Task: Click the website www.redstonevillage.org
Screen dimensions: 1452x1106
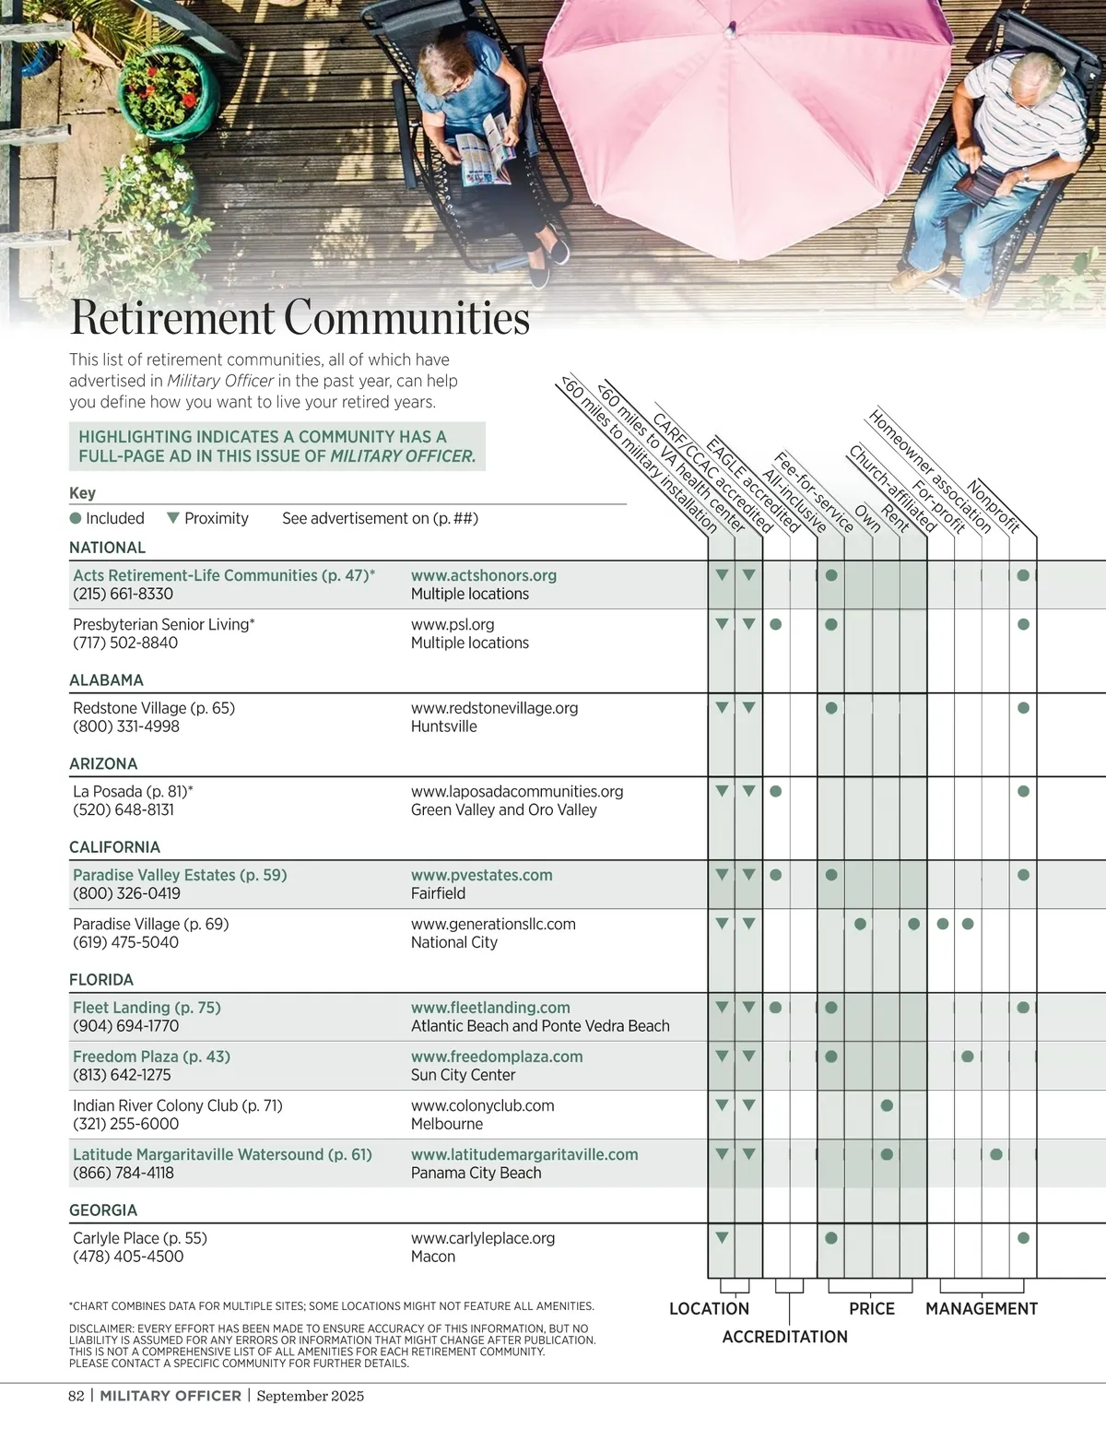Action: pyautogui.click(x=494, y=708)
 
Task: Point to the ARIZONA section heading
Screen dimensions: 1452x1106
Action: pyautogui.click(x=103, y=763)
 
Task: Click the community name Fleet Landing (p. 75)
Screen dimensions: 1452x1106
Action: pyautogui.click(x=147, y=1008)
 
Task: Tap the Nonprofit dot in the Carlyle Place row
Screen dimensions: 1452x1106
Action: pyautogui.click(x=1023, y=1238)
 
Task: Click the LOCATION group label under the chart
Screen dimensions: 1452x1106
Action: pyautogui.click(x=709, y=1308)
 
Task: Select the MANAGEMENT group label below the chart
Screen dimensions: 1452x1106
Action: pyautogui.click(x=982, y=1308)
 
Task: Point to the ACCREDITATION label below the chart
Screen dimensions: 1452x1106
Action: pyautogui.click(x=784, y=1337)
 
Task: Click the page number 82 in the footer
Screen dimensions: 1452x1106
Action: pyautogui.click(x=76, y=1396)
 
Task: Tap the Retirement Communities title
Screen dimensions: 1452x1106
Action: pyautogui.click(x=300, y=318)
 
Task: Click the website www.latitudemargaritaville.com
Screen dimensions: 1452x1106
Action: pyautogui.click(x=524, y=1154)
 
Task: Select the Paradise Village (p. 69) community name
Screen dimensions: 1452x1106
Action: pyautogui.click(x=150, y=924)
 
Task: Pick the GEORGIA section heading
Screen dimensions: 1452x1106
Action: pyautogui.click(x=103, y=1210)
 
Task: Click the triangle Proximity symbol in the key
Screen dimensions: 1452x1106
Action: pyautogui.click(x=172, y=518)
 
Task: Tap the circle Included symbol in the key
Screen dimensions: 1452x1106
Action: pyautogui.click(x=76, y=518)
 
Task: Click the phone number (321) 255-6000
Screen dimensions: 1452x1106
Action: pyautogui.click(x=125, y=1124)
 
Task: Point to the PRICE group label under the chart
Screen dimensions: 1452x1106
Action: pyautogui.click(x=872, y=1308)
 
